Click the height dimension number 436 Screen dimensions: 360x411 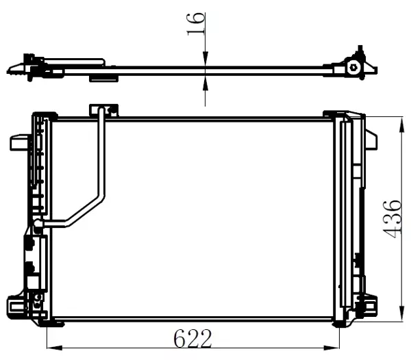393,219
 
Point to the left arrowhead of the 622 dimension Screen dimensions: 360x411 52,346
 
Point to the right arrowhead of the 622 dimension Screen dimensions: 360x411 335,346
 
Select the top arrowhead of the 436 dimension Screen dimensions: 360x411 399,121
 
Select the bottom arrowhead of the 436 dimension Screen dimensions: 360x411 399,316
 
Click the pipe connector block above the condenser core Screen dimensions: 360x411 103,109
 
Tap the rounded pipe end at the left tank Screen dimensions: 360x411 38,223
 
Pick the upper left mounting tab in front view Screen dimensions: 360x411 19,142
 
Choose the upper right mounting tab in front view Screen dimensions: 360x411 371,140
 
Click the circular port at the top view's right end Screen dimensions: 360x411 353,67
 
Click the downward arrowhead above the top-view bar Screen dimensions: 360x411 206,60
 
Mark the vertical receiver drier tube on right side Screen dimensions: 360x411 346,219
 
